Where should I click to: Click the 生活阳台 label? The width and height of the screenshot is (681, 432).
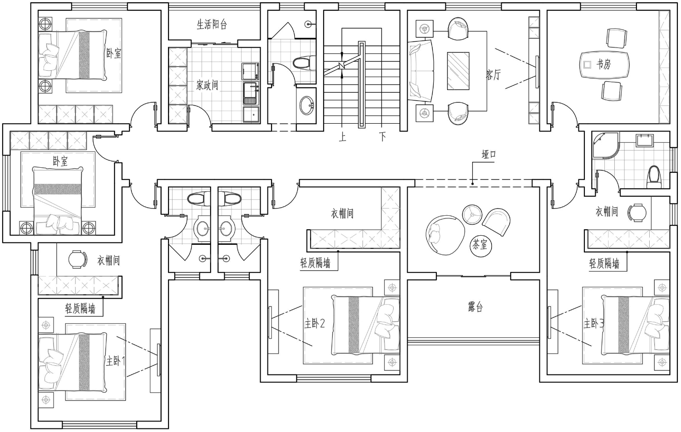pos(212,24)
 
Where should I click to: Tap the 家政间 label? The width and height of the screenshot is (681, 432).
pos(207,85)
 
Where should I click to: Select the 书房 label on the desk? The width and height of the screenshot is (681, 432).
pos(603,64)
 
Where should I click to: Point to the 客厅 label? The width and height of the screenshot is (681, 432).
pos(493,74)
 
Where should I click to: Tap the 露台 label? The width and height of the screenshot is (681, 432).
pos(475,307)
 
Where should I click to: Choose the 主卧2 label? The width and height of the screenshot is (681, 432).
pos(315,324)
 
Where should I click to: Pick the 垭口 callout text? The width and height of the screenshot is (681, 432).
pos(489,155)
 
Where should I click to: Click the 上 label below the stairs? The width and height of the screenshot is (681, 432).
pos(343,137)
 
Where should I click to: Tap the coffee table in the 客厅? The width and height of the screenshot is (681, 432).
pos(458,71)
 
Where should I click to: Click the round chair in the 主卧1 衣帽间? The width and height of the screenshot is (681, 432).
pos(78,260)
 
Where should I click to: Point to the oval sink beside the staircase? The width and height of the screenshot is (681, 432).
pos(307,106)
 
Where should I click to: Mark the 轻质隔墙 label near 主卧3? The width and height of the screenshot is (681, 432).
pos(604,264)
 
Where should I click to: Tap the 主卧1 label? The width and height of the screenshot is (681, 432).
pos(115,361)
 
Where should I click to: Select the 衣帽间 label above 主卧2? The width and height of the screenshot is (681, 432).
pos(342,214)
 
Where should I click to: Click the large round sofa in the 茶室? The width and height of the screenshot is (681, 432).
pos(445,235)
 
